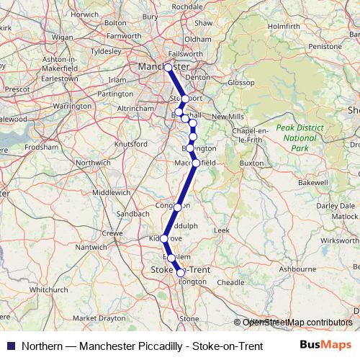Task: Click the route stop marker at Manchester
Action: click(168, 68)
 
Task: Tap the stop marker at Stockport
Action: click(185, 99)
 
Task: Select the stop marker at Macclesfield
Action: click(196, 163)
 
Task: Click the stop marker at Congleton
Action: click(178, 207)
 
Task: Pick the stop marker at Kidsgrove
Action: click(164, 238)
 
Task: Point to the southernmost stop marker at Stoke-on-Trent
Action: click(181, 272)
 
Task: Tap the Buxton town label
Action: click(252, 163)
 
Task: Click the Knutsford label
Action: click(131, 143)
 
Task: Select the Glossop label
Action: click(240, 83)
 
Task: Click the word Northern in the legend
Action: click(42, 346)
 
